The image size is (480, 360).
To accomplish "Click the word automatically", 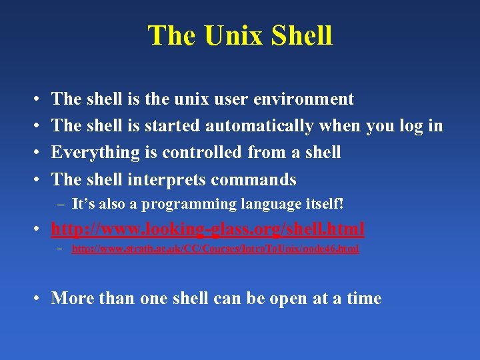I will pyautogui.click(x=259, y=126).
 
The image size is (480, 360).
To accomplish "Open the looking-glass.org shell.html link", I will pyautogui.click(x=208, y=229).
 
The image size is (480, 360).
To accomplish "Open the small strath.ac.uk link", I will pyautogui.click(x=215, y=249).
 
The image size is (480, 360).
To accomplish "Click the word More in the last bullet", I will pyautogui.click(x=71, y=298).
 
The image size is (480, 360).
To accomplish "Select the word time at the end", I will pyautogui.click(x=364, y=298).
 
